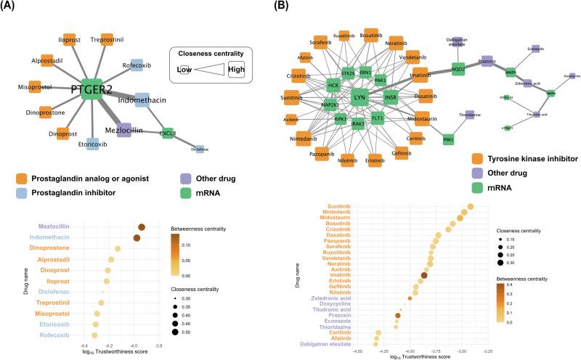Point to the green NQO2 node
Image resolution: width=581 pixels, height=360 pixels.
pos(458,69)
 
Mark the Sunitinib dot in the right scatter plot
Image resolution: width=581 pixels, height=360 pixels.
pos(470,208)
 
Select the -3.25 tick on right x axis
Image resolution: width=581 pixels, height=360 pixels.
pos(491,349)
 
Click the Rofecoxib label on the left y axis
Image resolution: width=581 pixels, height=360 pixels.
pos(50,335)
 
